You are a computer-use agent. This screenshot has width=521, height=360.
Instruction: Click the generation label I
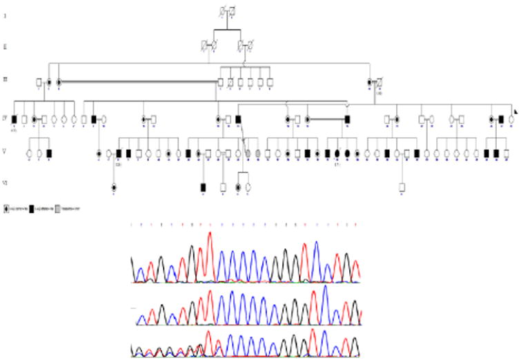tap(6, 14)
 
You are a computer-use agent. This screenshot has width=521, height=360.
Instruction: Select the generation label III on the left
tap(6, 81)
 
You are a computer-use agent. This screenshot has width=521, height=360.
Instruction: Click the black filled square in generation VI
tap(203, 187)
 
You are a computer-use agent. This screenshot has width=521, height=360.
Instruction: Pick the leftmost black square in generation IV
tap(14, 119)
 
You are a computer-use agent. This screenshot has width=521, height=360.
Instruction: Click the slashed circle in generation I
tap(222, 11)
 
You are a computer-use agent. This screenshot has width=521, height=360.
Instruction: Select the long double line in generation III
tap(138, 82)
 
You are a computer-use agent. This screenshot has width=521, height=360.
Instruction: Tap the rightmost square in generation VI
tap(402, 187)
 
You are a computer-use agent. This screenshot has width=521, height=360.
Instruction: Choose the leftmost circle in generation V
tap(30, 153)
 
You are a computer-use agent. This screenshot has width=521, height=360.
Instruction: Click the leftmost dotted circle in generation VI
tap(114, 187)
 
